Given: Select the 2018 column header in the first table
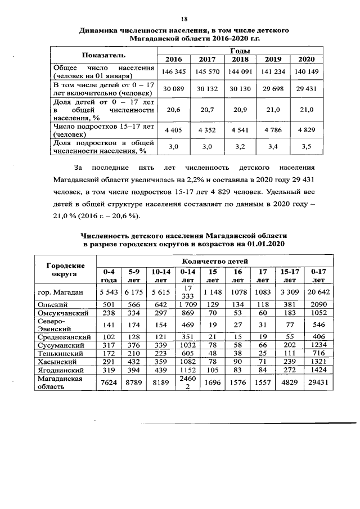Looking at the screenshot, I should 240,59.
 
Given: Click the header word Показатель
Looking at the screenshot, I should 103,55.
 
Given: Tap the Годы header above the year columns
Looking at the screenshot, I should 240,51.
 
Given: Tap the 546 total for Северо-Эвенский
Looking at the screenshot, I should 318,325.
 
